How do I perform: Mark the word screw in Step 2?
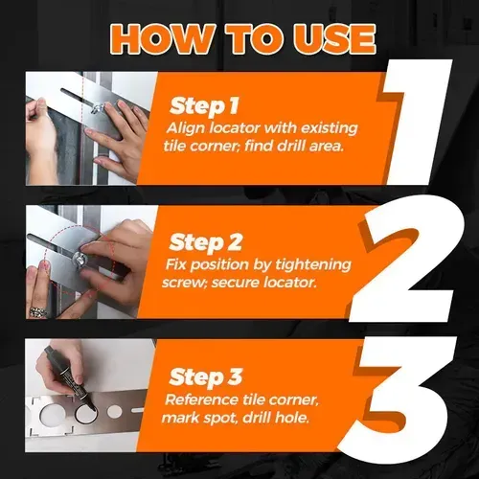(x=188, y=283)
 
